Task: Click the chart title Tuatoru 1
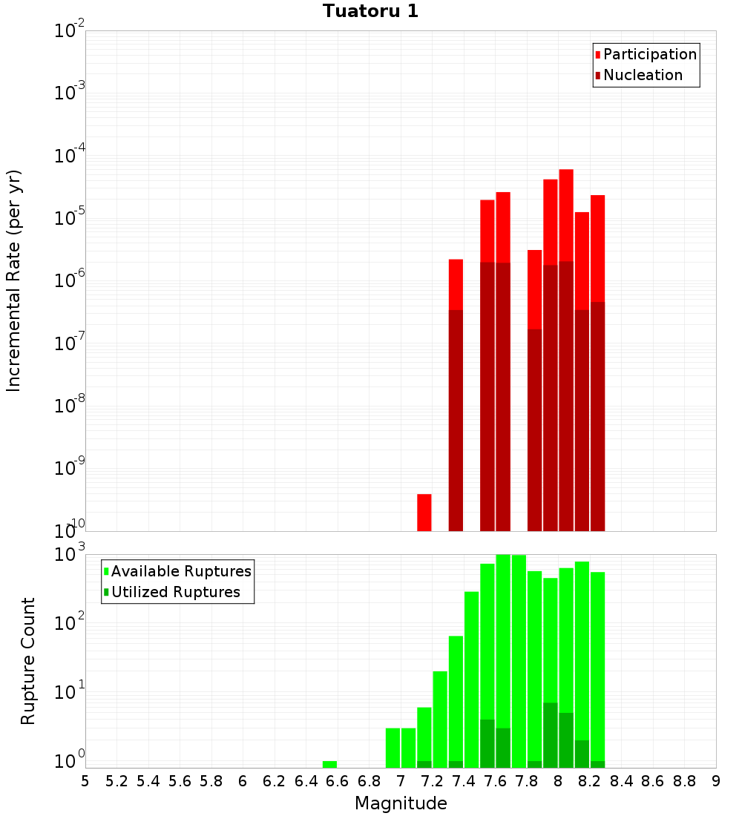(370, 11)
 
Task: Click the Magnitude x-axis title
(401, 803)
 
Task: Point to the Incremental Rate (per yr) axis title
(14, 280)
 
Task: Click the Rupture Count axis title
(28, 660)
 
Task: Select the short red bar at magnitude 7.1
(424, 512)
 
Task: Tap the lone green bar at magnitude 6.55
(329, 764)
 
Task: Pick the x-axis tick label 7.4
(464, 781)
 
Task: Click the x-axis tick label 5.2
(116, 781)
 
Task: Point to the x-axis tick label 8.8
(684, 781)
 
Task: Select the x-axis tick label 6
(243, 781)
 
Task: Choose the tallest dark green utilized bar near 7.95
(551, 734)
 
